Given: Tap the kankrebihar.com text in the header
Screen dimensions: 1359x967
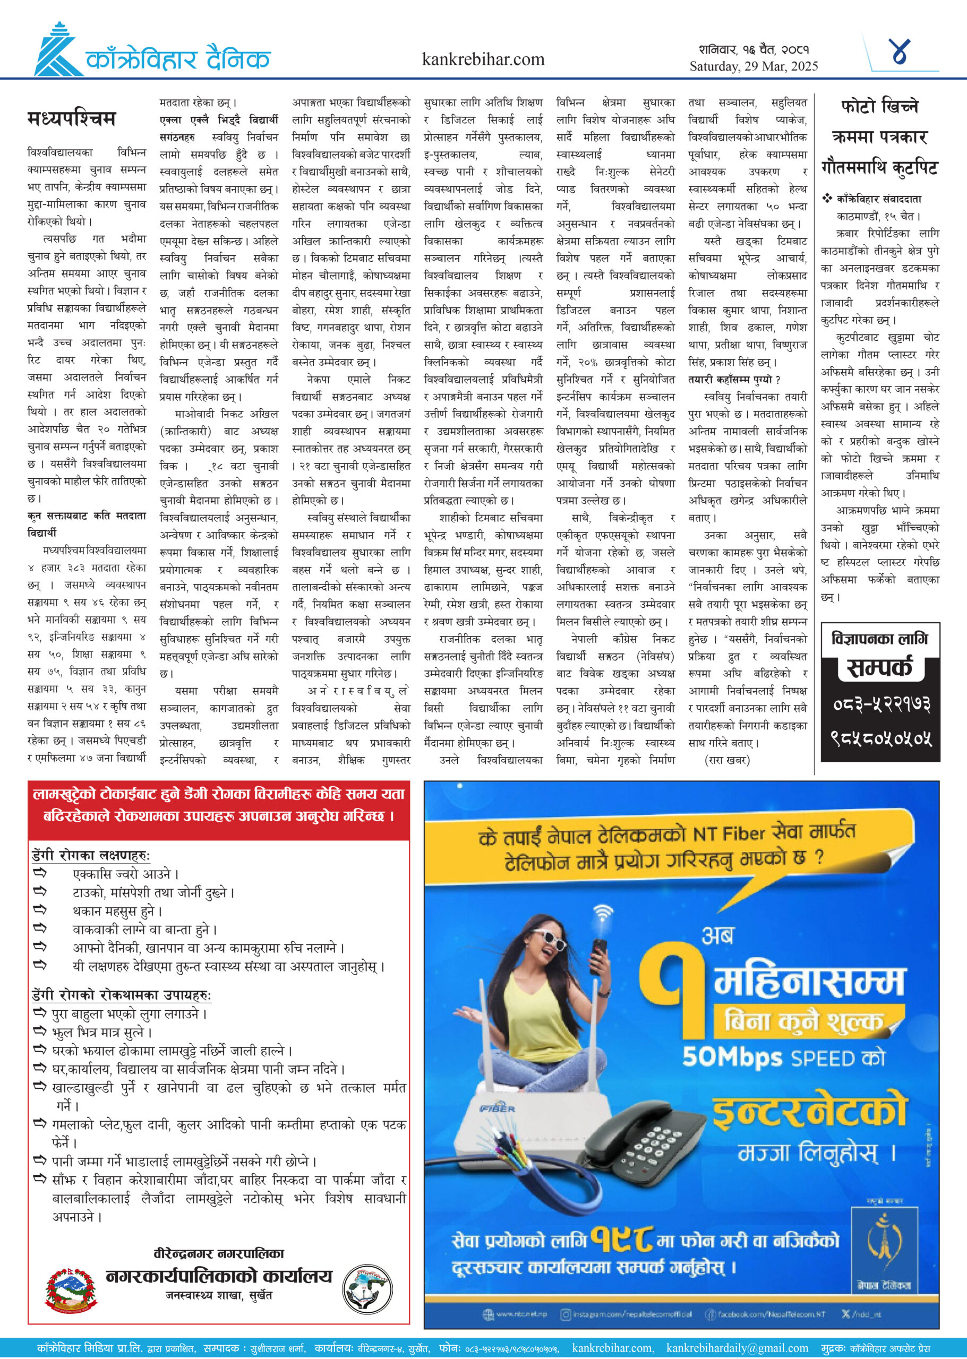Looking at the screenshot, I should (483, 59).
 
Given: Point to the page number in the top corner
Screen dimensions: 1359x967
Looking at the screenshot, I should (900, 51).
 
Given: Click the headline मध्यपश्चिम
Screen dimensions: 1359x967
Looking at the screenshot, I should (72, 118).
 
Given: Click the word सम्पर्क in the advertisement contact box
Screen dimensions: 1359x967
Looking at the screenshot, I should (879, 668).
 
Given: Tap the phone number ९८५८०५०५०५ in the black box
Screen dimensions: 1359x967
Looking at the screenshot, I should (880, 739).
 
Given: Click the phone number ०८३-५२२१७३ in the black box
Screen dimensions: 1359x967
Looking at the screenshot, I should (880, 705).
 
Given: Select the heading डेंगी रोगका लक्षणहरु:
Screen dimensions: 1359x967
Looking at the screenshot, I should (90, 855).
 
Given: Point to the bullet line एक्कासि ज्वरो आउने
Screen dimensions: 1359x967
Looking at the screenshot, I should (125, 874).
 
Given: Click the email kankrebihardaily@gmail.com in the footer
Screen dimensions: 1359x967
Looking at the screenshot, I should (737, 1348).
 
